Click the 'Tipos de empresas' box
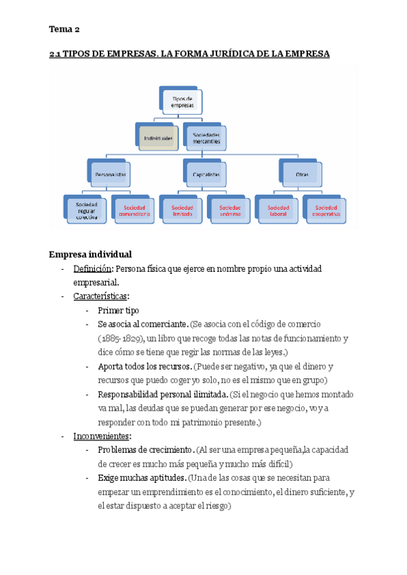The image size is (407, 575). tap(181, 102)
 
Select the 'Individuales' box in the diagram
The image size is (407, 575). tap(157, 138)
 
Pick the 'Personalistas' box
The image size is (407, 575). tap(111, 174)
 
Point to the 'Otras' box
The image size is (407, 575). tap(301, 174)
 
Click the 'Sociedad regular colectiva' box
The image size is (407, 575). tap(86, 211)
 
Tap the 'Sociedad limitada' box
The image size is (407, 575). tap(182, 211)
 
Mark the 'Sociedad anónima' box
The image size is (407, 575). tap(229, 211)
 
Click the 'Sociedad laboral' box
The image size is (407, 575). tap(277, 211)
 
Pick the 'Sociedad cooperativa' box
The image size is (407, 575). tap(326, 211)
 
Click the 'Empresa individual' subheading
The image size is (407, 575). tap(90, 255)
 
